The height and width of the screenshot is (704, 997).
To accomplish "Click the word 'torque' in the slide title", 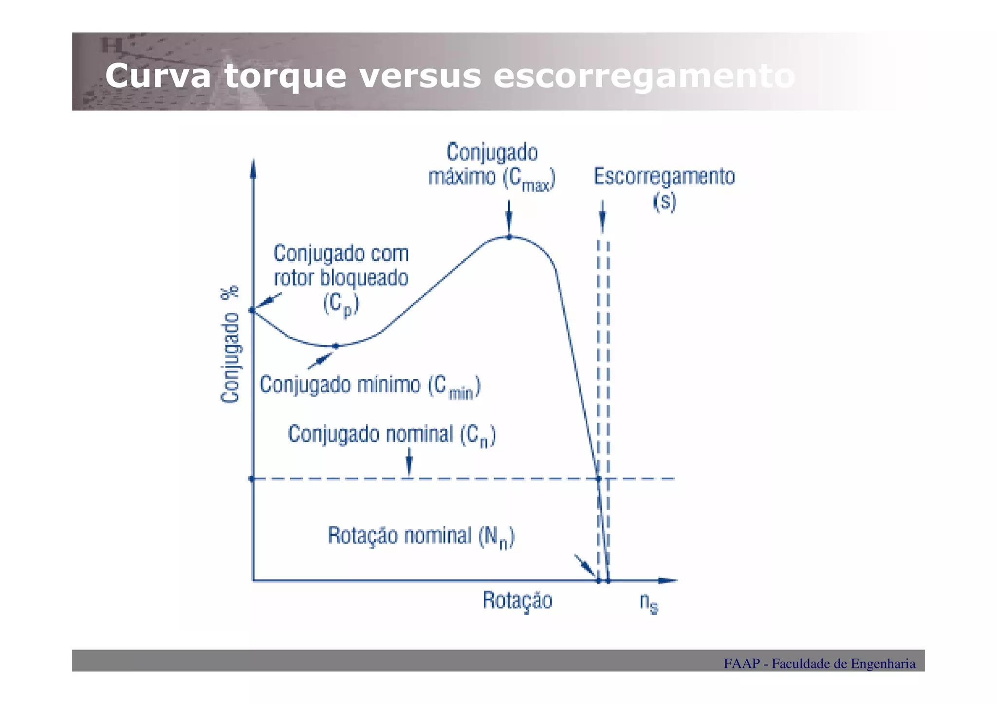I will coord(285,77).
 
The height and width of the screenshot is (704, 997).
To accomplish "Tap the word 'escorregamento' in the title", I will coord(644,77).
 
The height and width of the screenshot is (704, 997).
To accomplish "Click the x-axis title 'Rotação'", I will coord(517,601).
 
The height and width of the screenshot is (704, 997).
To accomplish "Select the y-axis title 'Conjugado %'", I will coord(230,344).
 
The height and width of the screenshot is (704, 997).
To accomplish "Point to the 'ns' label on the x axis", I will coord(649,603).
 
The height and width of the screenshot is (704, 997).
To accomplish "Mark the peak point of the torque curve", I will coord(509,237).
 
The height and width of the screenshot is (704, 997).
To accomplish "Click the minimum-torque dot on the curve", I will coord(335,346).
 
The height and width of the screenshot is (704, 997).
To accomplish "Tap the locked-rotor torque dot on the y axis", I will coord(252,310).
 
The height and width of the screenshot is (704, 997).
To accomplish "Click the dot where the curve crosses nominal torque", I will coord(599,479).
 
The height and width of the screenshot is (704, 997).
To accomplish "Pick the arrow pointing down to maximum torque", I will coord(509,217).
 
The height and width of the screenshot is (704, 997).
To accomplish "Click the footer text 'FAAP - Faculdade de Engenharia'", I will coord(819,664).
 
